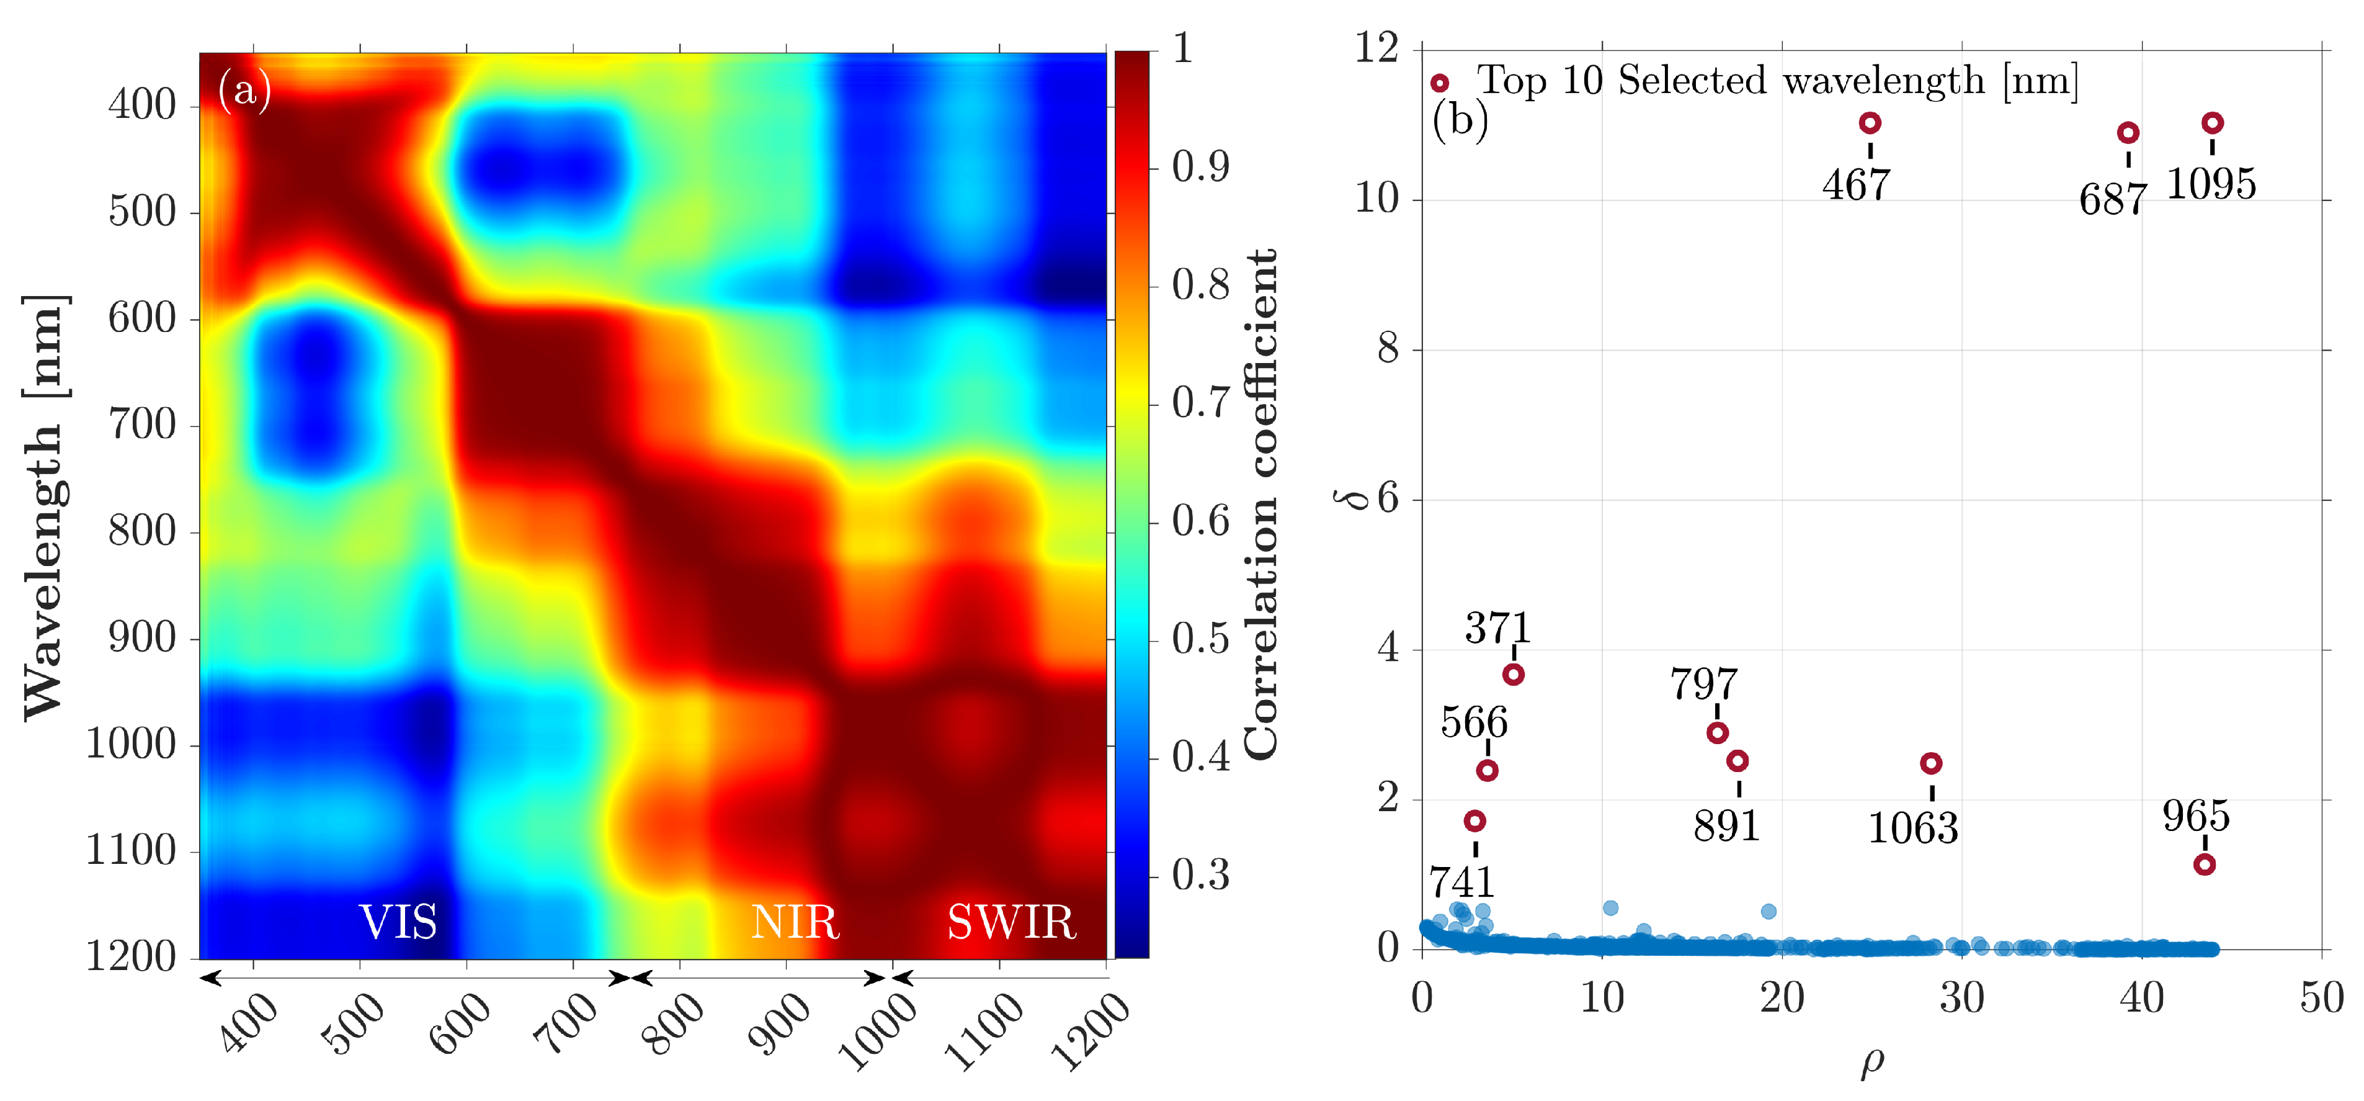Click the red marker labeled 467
point(1870,123)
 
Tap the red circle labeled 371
point(1514,675)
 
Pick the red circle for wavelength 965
point(2205,865)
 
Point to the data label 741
point(1462,883)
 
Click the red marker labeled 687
point(2127,133)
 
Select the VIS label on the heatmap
point(398,922)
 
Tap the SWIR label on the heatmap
point(1011,922)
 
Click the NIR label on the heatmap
point(795,922)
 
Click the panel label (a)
point(244,90)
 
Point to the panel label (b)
point(1459,120)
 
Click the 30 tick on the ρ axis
point(1961,998)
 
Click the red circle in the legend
point(1439,84)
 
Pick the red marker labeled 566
point(1488,770)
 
